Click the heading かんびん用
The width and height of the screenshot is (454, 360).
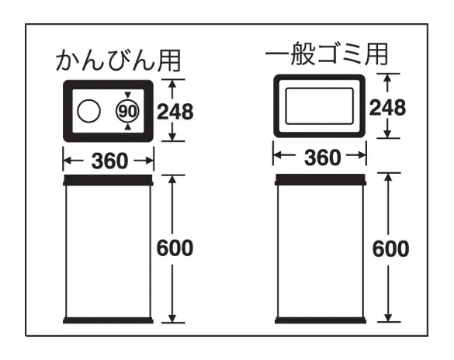click(x=118, y=61)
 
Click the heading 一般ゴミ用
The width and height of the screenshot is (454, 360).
click(x=327, y=54)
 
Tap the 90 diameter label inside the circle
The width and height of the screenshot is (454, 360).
click(x=127, y=112)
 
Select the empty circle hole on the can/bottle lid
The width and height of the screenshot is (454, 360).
click(x=89, y=112)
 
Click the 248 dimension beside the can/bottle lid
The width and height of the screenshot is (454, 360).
click(x=175, y=112)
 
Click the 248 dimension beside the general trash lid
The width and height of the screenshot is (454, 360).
click(x=387, y=108)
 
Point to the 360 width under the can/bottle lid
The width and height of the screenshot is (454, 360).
click(x=109, y=161)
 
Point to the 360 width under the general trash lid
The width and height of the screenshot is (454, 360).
click(x=323, y=157)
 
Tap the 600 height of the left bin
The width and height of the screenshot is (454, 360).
click(x=175, y=248)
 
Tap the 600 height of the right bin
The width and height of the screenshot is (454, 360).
click(x=390, y=249)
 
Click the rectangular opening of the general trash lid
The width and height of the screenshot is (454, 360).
click(x=320, y=106)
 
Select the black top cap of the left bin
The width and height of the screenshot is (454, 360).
click(x=108, y=180)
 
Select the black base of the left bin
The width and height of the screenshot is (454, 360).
click(x=108, y=320)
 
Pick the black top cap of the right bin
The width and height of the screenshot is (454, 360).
click(x=321, y=179)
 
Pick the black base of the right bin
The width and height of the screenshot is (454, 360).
click(x=321, y=320)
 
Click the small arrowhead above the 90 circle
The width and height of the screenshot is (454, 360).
click(x=128, y=95)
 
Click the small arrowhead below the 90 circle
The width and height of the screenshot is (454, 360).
click(x=128, y=127)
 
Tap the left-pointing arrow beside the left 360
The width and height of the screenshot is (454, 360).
click(x=74, y=161)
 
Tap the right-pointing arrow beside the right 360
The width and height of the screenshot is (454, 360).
click(x=356, y=156)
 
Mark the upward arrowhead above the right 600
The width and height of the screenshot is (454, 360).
click(x=389, y=178)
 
